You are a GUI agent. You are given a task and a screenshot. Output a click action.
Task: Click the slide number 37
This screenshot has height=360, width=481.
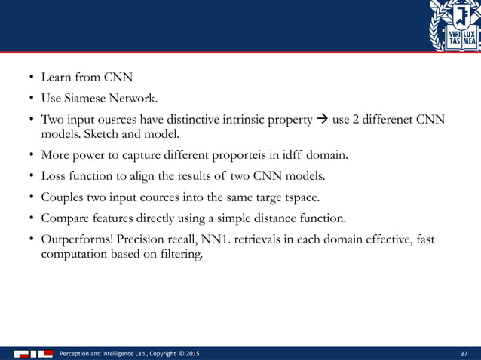(x=464, y=353)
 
